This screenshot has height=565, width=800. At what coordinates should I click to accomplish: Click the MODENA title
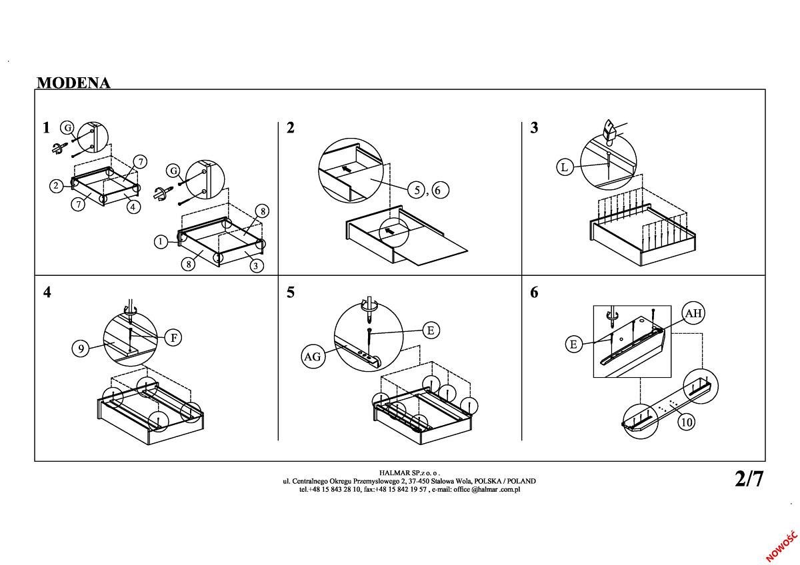(73, 83)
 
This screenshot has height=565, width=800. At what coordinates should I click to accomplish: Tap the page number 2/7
(749, 478)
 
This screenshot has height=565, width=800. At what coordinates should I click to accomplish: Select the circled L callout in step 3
(565, 167)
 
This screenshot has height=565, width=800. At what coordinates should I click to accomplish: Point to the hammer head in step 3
(609, 129)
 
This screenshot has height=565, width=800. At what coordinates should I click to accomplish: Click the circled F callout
(173, 338)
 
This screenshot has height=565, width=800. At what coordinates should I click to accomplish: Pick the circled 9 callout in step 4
(81, 348)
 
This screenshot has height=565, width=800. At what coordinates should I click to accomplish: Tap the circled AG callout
(312, 356)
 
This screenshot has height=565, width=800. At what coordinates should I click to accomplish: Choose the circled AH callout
(693, 313)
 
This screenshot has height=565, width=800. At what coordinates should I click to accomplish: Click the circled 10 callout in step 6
(686, 422)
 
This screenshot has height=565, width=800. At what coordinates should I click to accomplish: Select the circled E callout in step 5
(431, 330)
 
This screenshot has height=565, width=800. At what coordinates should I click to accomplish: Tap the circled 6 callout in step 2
(437, 190)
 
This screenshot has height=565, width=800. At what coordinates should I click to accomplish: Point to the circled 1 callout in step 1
(161, 242)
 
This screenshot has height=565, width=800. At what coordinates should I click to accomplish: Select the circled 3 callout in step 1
(256, 265)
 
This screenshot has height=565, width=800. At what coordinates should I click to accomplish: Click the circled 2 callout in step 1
(57, 186)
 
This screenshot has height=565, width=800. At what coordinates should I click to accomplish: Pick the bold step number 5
(290, 292)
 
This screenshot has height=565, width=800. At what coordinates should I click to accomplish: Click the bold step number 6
(534, 292)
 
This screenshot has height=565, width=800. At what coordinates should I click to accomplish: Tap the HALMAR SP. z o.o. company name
(409, 472)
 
